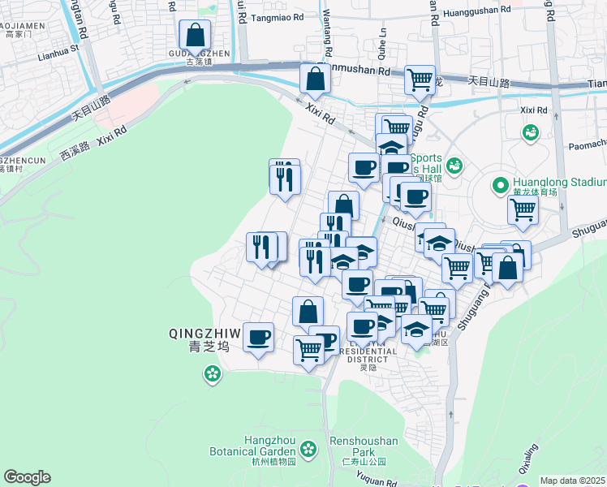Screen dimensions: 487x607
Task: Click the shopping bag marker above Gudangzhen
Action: [195, 36]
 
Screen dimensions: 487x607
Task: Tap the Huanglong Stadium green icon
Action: [499, 186]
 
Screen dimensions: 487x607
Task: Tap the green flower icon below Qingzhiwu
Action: [212, 374]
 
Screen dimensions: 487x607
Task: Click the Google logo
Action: [27, 477]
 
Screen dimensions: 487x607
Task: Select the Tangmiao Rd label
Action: [277, 16]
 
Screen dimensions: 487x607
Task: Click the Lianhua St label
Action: [61, 48]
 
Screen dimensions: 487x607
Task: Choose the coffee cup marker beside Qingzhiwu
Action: [259, 338]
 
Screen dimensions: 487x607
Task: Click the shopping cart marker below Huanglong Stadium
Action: [523, 209]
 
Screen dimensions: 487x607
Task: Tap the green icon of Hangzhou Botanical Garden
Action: [308, 448]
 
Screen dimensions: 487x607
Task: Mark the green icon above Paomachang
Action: [531, 131]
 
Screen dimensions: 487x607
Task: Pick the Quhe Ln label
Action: [381, 37]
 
